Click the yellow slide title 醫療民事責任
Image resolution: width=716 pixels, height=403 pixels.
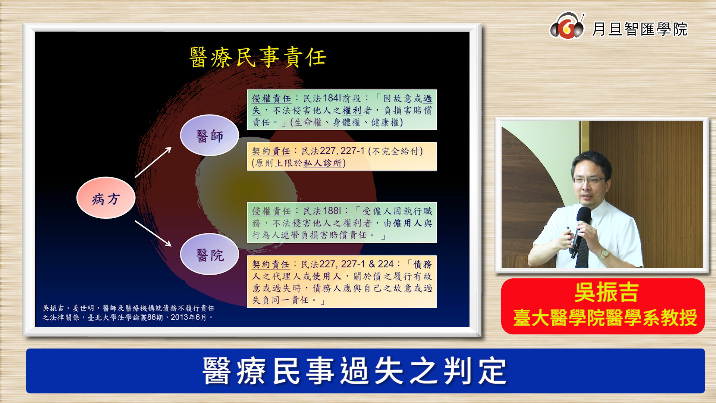tap(258, 57)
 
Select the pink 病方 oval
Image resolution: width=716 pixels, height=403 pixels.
tap(106, 198)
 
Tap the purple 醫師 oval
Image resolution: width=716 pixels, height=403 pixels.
tap(209, 135)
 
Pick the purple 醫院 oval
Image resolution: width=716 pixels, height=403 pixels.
tap(209, 254)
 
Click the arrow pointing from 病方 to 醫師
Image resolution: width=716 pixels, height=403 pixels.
tap(153, 162)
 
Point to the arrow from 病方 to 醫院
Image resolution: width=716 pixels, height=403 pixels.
tap(153, 233)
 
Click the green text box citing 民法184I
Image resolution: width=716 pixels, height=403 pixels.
tap(342, 110)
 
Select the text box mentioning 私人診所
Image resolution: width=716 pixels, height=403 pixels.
tap(342, 156)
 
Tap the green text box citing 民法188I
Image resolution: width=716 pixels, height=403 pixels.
tap(342, 223)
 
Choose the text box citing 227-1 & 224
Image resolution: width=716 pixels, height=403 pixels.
tap(342, 282)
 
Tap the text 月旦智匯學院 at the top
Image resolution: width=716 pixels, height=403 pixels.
tap(640, 29)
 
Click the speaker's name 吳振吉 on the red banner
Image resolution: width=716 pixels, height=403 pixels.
tap(606, 292)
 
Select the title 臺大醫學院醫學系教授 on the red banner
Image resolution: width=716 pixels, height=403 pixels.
tap(605, 318)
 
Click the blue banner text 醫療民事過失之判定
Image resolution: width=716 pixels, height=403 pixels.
tap(355, 371)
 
